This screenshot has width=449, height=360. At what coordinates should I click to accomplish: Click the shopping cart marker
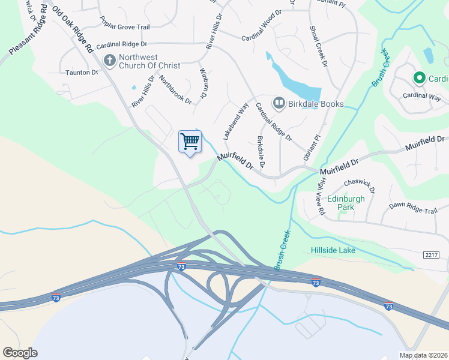(x=190, y=142)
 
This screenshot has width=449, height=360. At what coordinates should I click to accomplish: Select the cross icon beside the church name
(x=109, y=60)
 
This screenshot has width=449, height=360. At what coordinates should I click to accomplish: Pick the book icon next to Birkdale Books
(x=279, y=104)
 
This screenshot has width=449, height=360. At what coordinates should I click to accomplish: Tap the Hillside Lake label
(x=333, y=250)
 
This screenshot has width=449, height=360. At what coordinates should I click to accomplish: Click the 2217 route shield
(x=430, y=256)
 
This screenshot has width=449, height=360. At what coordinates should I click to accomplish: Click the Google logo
(x=20, y=352)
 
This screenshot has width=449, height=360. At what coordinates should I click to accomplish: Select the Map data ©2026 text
(x=424, y=355)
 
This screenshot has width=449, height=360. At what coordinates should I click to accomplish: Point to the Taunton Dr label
(x=82, y=72)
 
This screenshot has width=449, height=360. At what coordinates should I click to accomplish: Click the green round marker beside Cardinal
(x=418, y=78)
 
